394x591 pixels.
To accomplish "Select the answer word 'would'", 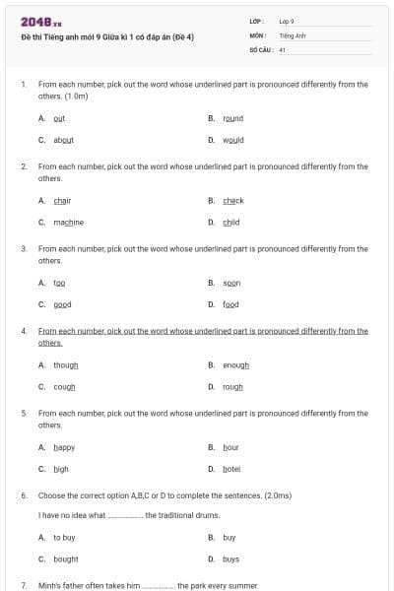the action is pyautogui.click(x=233, y=140).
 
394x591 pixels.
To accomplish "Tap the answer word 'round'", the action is pyautogui.click(x=232, y=118).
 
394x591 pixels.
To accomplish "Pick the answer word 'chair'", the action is pyautogui.click(x=62, y=201).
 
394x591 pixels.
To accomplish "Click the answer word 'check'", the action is pyautogui.click(x=232, y=201).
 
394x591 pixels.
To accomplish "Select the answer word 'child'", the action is pyautogui.click(x=230, y=223).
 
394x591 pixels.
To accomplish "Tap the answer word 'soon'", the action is pyautogui.click(x=231, y=283).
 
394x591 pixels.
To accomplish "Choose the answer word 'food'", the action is pyautogui.click(x=230, y=304).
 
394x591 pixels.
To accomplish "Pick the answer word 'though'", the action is pyautogui.click(x=65, y=365).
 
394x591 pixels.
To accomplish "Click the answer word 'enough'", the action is pyautogui.click(x=235, y=365).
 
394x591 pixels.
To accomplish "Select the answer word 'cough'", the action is pyautogui.click(x=64, y=387).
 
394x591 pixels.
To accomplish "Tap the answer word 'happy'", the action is pyautogui.click(x=63, y=447).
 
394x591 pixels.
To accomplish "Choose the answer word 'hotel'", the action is pyautogui.click(x=231, y=469).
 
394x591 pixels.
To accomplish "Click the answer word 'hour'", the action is pyautogui.click(x=230, y=447).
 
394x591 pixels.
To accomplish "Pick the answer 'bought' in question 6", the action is pyautogui.click(x=66, y=559).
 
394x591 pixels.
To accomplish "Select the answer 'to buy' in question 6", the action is pyautogui.click(x=64, y=538).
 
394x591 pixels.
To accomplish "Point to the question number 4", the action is pyautogui.click(x=24, y=332).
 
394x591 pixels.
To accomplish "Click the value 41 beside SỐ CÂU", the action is pyautogui.click(x=283, y=49).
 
